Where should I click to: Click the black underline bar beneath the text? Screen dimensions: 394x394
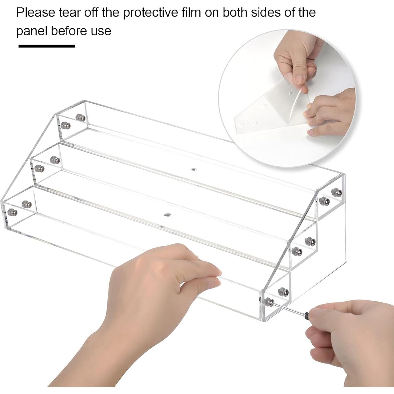(47, 46)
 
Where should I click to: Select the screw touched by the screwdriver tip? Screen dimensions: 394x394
(269, 302)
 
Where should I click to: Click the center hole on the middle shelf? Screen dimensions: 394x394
(193, 169)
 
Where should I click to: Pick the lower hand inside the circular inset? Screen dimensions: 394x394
(331, 112)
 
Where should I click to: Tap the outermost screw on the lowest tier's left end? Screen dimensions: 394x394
(12, 213)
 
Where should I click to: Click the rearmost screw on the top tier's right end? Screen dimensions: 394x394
(335, 192)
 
